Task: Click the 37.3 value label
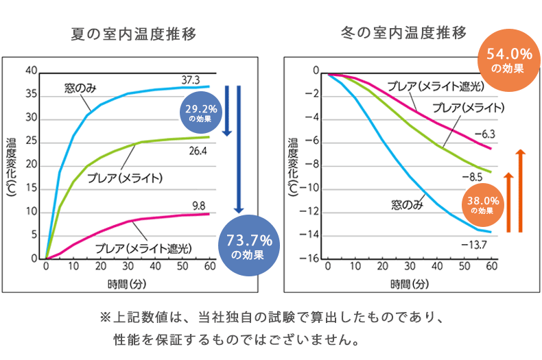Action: point(190,80)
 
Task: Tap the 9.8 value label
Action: point(198,204)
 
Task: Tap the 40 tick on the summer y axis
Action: point(30,71)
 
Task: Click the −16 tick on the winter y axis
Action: point(311,259)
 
